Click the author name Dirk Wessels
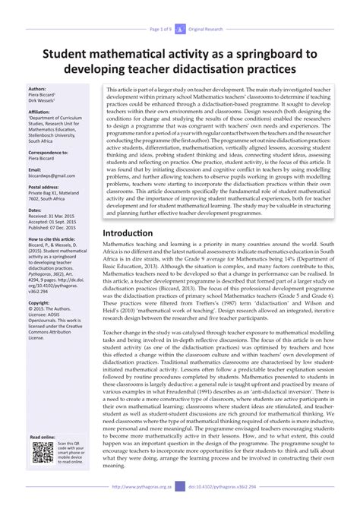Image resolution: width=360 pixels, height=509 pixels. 43,100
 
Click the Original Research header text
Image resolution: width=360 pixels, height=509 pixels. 210,8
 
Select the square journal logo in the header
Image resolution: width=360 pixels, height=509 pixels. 180,8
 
